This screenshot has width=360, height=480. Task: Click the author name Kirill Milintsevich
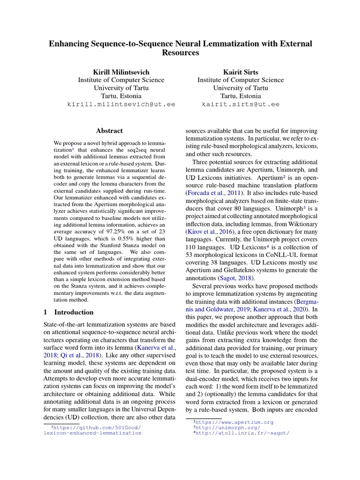(121, 72)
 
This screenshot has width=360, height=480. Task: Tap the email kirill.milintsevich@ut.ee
(121, 104)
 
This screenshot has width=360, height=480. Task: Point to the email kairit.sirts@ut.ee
(240, 104)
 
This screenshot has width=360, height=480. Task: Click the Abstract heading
(109, 131)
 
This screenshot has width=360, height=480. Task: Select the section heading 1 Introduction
(68, 312)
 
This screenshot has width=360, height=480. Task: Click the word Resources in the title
(180, 53)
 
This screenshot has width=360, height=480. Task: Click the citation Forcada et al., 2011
(215, 193)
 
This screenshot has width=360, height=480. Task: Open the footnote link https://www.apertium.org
(235, 422)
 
